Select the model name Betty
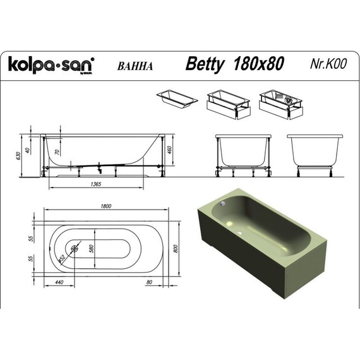(x=206, y=64)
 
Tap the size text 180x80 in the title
(x=258, y=64)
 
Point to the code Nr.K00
(x=327, y=64)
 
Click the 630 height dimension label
(x=21, y=153)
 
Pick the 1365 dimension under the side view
(x=97, y=183)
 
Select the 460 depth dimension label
(x=170, y=151)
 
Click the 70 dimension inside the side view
(x=57, y=152)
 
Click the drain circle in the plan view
(x=75, y=249)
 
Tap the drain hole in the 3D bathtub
(x=241, y=230)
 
